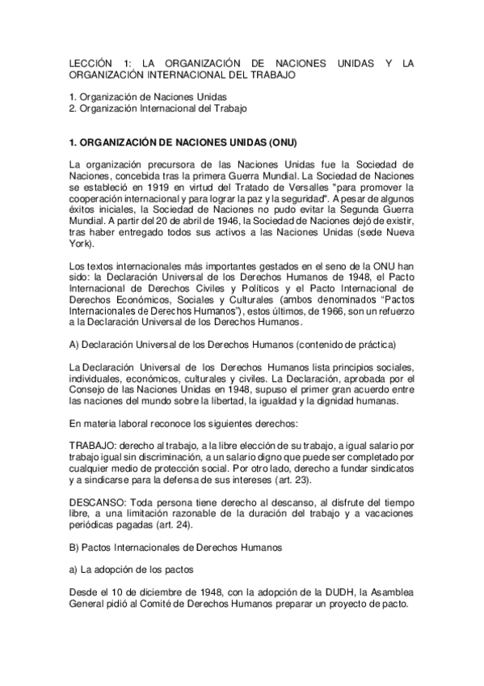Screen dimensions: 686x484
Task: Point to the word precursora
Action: pyautogui.click(x=166, y=165)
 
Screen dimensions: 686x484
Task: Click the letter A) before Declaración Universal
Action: pyautogui.click(x=75, y=345)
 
